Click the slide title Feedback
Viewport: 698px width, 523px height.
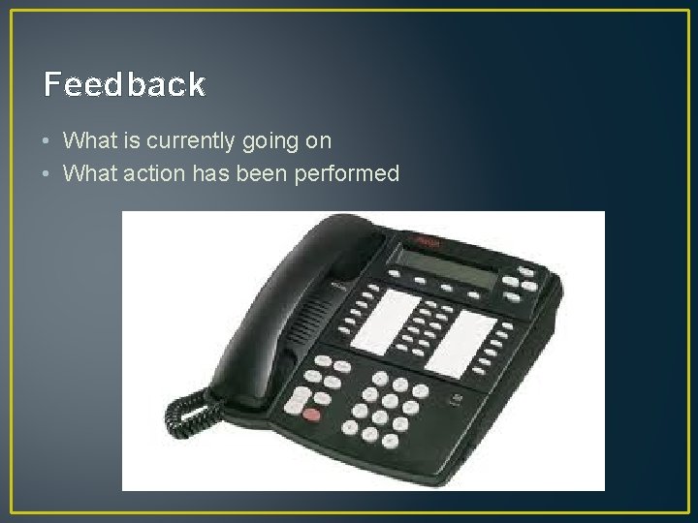[124, 85]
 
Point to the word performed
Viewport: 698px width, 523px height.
[350, 174]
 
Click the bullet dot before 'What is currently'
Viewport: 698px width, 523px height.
[48, 141]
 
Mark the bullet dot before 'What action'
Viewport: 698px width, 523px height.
[48, 174]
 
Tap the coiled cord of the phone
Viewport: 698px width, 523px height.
[189, 412]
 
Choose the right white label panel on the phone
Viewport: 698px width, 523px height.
[459, 341]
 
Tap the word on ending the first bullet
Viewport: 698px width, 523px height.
[320, 141]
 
